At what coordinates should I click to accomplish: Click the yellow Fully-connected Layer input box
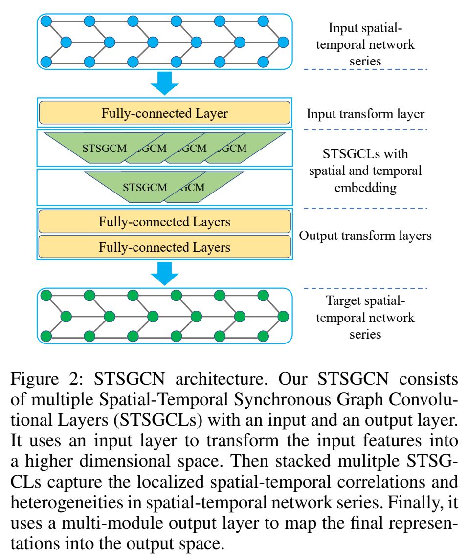click(164, 113)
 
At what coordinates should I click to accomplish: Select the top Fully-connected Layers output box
click(164, 222)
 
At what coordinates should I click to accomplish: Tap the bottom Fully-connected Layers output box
click(164, 247)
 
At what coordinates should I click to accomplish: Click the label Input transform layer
click(365, 114)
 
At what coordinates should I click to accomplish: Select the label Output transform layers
click(365, 236)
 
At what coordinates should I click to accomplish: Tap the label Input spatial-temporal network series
click(365, 44)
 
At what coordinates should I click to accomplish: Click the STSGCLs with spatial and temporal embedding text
click(365, 171)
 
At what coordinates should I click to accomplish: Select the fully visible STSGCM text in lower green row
click(145, 187)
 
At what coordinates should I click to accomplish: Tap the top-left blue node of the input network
click(46, 21)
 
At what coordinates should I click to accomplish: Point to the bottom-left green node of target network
click(46, 337)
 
